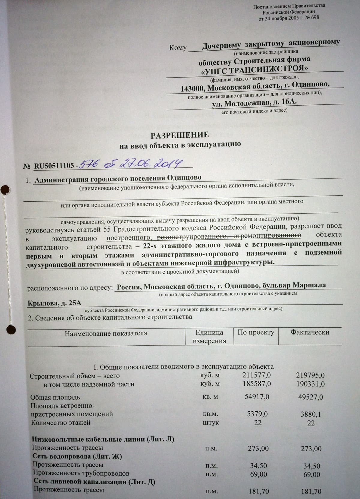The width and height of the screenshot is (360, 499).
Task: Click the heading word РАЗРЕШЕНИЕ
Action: pos(179,135)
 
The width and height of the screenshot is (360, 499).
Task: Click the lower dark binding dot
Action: pos(11,329)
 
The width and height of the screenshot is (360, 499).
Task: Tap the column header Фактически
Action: pos(310,332)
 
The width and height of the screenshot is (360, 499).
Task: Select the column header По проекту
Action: pos(256,332)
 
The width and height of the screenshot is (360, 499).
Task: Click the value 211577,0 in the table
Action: pos(256,375)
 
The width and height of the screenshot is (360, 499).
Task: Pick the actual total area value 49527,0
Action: pos(310,397)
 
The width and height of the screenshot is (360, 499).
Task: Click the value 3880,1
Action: pos(310,414)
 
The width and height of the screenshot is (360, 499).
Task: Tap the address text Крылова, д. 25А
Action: pos(54,303)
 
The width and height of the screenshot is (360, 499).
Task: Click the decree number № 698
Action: pos(312,17)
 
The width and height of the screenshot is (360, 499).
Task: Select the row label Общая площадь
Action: pos(55,397)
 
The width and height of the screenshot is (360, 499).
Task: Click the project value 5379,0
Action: pos(257,414)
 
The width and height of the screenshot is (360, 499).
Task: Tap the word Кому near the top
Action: pos(178,48)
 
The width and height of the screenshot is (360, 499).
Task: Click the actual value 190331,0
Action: pos(310,384)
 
